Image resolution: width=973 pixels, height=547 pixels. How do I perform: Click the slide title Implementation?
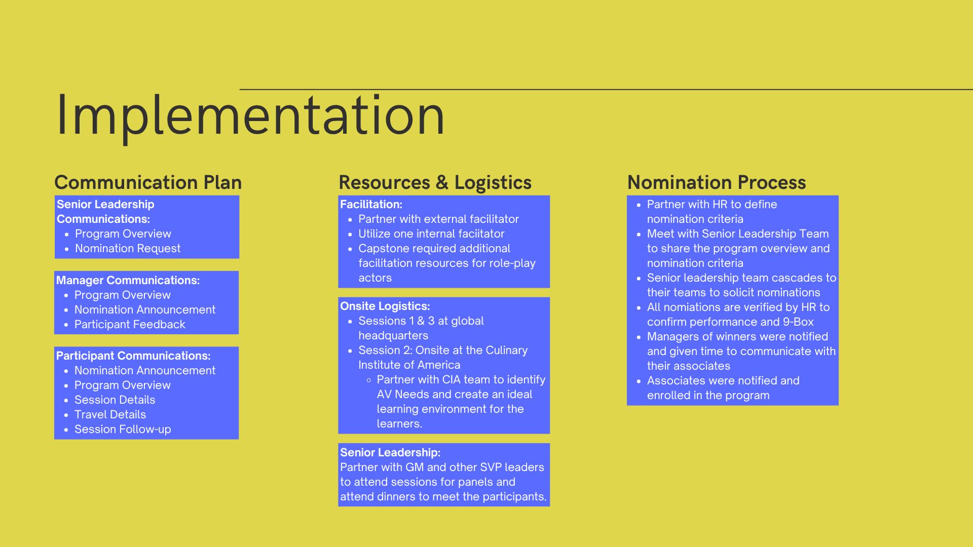[x=250, y=116]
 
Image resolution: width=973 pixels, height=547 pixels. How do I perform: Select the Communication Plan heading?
[x=148, y=182]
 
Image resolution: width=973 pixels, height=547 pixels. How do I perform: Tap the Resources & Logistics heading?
[x=435, y=182]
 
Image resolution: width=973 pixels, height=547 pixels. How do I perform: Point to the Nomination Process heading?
[x=717, y=182]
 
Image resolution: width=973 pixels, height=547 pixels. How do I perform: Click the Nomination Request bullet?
[x=128, y=249]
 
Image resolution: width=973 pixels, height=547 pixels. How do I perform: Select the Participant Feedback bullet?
[x=130, y=325]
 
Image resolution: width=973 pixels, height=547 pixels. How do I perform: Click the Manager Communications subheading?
[x=128, y=281]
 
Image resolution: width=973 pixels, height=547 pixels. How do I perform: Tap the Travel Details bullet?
[x=110, y=415]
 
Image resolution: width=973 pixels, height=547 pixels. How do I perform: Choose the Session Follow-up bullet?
[x=123, y=429]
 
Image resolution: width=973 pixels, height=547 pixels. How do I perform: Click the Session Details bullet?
[x=115, y=400]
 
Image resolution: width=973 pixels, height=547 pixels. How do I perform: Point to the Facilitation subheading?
[x=371, y=205]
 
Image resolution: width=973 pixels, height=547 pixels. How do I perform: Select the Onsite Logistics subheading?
[x=385, y=306]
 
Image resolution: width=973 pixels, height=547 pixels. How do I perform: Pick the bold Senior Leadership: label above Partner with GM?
[x=390, y=453]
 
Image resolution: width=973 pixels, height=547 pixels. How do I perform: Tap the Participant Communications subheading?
[x=133, y=356]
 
